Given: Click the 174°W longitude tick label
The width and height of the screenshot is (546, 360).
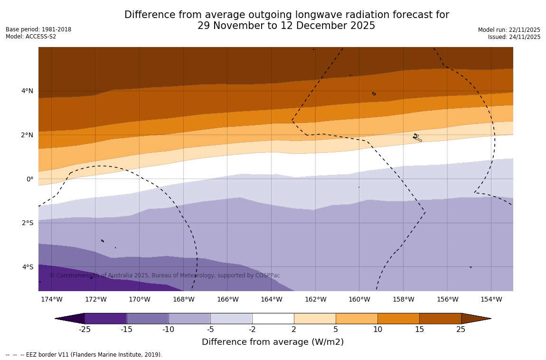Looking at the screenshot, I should point(51,299).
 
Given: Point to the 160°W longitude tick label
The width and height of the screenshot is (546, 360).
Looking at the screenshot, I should point(359,299).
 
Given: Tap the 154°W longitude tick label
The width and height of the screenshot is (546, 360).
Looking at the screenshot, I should point(491,299).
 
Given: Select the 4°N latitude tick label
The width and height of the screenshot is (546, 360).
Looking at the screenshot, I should point(27,91).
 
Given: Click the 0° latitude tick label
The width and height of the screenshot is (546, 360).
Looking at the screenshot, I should point(29,179).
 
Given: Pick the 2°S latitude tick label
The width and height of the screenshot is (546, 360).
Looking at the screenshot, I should point(27,223).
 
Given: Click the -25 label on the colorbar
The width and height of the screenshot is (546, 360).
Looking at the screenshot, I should point(85,329).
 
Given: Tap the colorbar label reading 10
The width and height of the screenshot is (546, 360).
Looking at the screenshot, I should point(377,329).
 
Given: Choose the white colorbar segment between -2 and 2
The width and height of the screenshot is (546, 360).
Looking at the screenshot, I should point(273,318).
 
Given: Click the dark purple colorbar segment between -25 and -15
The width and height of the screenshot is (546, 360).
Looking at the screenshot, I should point(105,318).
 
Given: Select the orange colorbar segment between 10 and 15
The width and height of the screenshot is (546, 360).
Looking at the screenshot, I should point(398,318).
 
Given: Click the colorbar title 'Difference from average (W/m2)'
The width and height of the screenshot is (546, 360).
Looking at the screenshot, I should point(273,342).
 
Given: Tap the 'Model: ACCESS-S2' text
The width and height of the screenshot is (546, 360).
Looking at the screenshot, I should point(31,37).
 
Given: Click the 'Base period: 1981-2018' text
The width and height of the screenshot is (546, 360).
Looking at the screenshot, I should point(38,29).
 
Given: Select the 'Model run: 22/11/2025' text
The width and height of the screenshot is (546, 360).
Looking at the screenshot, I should point(509,30).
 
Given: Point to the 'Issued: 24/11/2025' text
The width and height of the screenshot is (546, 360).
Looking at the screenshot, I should point(514,37).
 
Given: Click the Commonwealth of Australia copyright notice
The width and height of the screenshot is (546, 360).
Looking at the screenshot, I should point(165,275).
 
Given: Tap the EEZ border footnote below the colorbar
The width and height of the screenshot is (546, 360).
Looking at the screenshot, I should point(84,355).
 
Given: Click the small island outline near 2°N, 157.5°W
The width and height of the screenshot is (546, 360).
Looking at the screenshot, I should point(416,137).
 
